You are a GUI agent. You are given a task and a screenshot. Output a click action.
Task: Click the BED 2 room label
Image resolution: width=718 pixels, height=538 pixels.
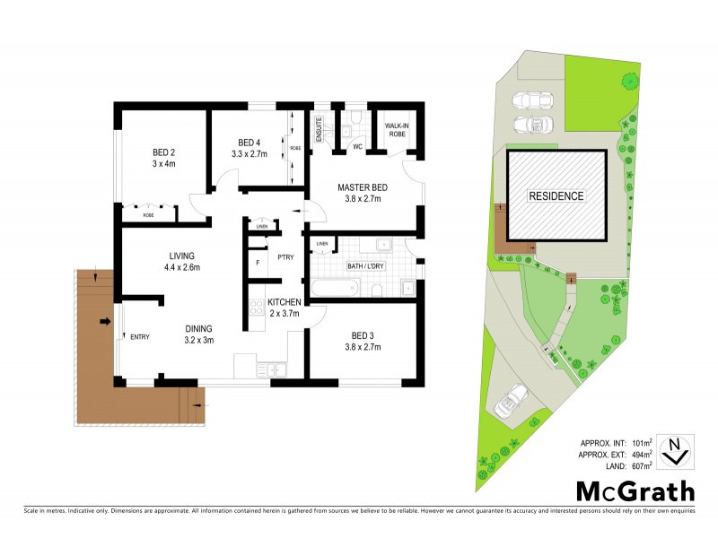[x=162, y=152]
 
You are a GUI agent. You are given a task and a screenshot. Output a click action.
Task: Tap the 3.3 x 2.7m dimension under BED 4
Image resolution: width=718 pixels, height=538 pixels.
[x=250, y=154]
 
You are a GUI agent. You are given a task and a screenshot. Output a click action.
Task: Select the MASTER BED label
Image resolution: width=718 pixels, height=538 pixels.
[x=359, y=187]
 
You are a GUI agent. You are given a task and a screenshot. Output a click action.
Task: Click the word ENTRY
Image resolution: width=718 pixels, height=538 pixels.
[x=140, y=337]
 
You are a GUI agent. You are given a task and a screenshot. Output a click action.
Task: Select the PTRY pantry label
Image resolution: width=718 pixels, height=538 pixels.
[x=286, y=258]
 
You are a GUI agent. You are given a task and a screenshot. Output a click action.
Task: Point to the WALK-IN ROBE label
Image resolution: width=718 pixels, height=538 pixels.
[x=396, y=130]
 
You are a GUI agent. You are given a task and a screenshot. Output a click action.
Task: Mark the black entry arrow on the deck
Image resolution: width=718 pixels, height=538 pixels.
[x=105, y=321]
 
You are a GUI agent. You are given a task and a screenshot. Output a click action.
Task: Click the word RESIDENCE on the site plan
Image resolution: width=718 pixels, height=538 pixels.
[x=555, y=195]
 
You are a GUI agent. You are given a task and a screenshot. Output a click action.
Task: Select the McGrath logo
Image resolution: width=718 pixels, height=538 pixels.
[x=635, y=490]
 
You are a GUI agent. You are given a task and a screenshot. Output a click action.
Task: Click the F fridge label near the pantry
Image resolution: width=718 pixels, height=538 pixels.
[x=258, y=263]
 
